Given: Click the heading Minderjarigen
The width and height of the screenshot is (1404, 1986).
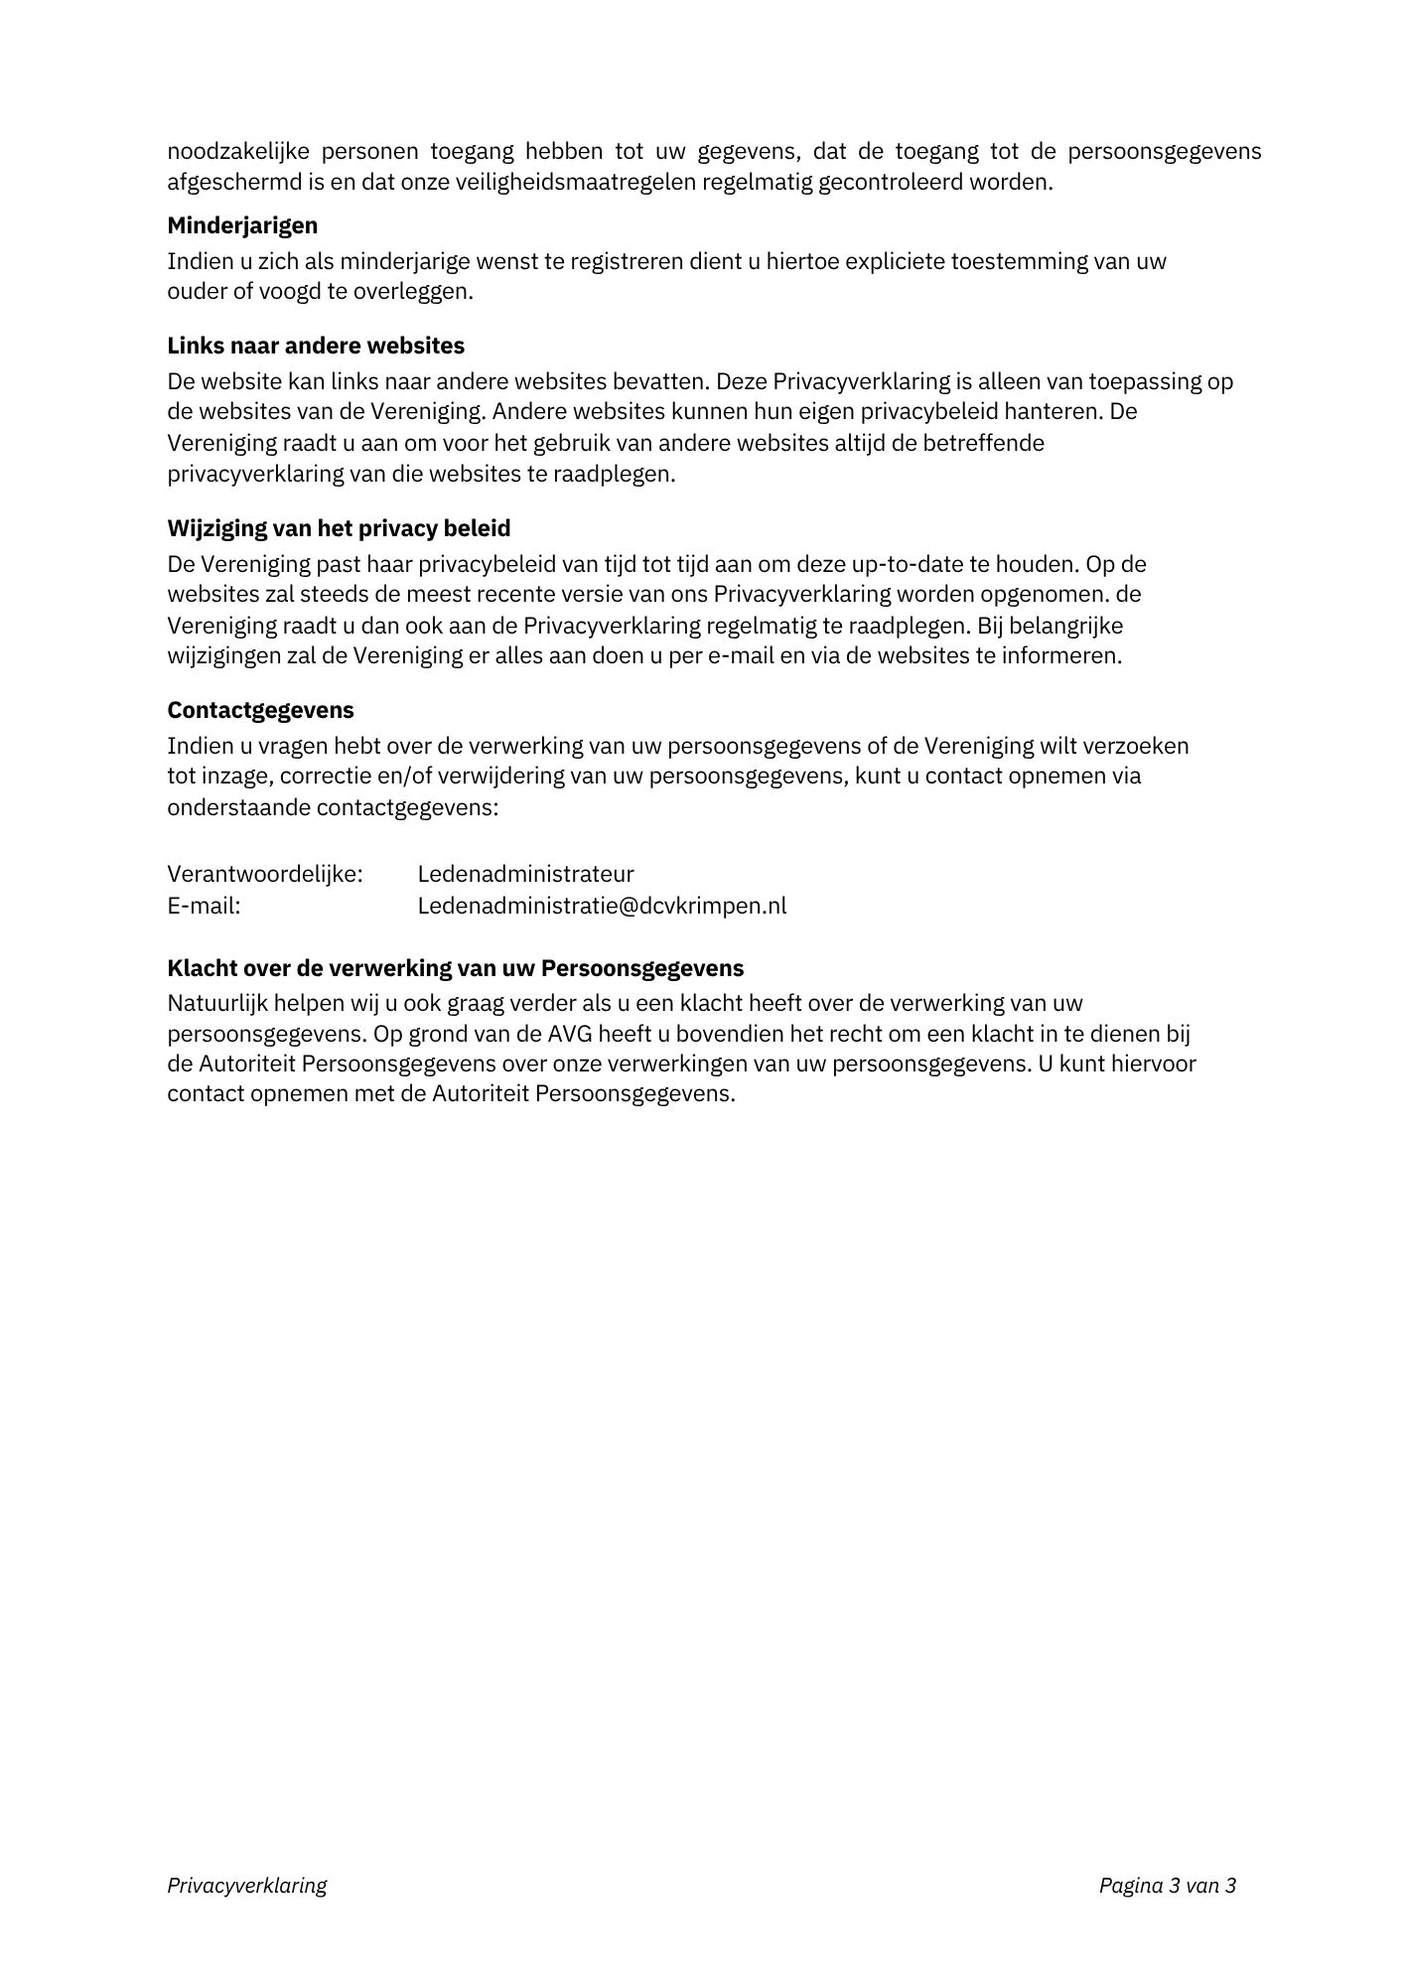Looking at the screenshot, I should (x=242, y=225).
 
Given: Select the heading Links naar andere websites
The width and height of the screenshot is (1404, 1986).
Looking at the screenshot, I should (x=316, y=346).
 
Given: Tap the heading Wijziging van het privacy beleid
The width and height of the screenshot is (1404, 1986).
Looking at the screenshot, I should (x=339, y=528).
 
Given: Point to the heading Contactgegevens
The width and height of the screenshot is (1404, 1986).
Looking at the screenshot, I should (x=260, y=710).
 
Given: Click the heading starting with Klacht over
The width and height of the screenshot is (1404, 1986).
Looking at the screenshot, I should (x=456, y=968).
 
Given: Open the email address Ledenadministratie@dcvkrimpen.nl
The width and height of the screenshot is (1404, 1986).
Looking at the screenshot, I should (x=602, y=906).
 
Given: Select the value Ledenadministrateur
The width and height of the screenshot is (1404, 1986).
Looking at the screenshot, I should (x=525, y=874).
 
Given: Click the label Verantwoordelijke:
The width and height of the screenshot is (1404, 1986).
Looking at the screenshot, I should (x=265, y=874).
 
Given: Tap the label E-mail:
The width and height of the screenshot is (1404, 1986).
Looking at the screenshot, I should (x=204, y=906).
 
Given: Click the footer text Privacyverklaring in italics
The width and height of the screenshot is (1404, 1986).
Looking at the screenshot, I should (x=246, y=1886).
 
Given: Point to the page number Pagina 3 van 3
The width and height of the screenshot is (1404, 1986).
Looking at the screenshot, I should (x=1167, y=1886).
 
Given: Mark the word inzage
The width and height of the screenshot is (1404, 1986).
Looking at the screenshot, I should (x=232, y=776).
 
